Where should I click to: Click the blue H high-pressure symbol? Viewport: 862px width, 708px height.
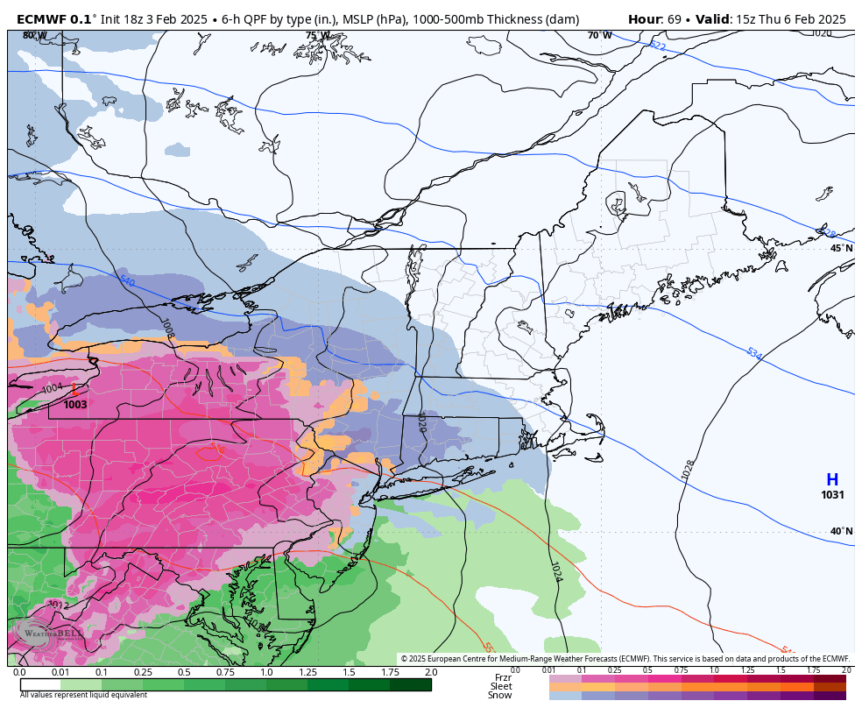(x=831, y=480)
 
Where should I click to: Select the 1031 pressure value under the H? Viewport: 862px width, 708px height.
(x=832, y=495)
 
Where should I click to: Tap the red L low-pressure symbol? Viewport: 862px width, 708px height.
(x=75, y=390)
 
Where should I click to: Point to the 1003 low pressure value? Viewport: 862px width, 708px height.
(x=75, y=405)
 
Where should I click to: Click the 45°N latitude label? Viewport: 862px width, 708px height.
(x=841, y=249)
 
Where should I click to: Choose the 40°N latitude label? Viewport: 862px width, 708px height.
(x=841, y=531)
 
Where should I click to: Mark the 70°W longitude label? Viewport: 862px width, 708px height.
(x=600, y=36)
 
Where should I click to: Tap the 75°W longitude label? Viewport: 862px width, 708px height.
(x=318, y=36)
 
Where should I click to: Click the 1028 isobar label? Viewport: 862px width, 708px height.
(x=688, y=470)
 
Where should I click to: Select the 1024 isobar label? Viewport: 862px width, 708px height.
(x=555, y=572)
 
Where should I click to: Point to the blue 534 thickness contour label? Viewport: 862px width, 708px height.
(x=753, y=354)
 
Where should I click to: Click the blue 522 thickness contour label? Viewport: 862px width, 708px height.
(x=657, y=46)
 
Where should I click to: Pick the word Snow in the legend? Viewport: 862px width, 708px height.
(x=500, y=696)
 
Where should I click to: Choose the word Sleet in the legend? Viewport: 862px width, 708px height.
(x=501, y=686)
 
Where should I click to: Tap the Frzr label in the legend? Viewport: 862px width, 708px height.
(x=503, y=677)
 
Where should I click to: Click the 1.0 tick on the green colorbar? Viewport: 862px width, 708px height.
(x=266, y=672)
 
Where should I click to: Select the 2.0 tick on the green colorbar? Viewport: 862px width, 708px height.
(x=430, y=672)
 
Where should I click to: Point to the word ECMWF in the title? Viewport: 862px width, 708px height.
(x=40, y=18)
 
